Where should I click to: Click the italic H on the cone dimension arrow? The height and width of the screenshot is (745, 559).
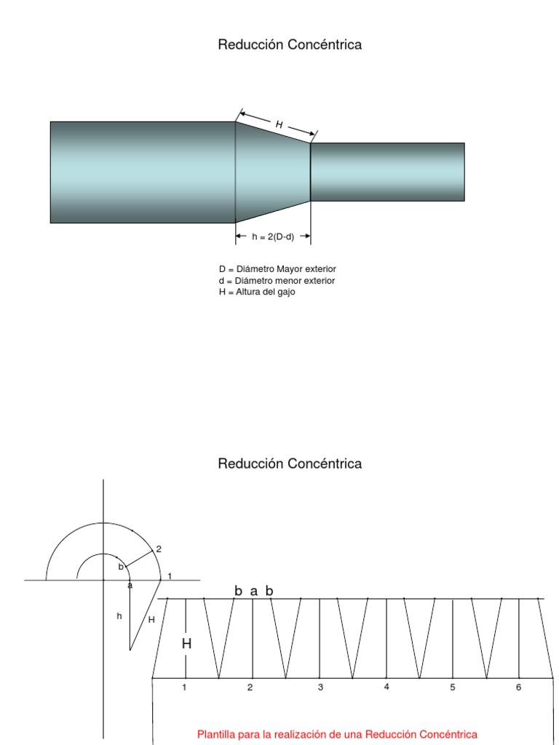point(279,124)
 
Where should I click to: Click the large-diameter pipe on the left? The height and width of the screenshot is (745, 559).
point(143,172)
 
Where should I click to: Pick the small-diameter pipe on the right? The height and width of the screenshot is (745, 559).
point(387,172)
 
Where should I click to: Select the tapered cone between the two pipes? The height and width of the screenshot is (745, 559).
point(273,172)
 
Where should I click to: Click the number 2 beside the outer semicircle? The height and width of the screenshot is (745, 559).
point(158,549)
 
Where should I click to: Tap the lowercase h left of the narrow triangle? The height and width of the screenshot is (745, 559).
point(119,615)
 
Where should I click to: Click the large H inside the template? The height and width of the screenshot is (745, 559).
point(186,644)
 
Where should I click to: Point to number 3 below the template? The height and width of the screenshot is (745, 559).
point(320,687)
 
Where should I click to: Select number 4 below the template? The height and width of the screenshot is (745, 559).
point(386,687)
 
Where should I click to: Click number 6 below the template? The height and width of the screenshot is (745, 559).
point(518,687)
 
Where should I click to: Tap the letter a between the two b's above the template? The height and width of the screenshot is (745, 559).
point(254,591)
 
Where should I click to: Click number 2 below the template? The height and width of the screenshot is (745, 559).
point(250,687)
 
